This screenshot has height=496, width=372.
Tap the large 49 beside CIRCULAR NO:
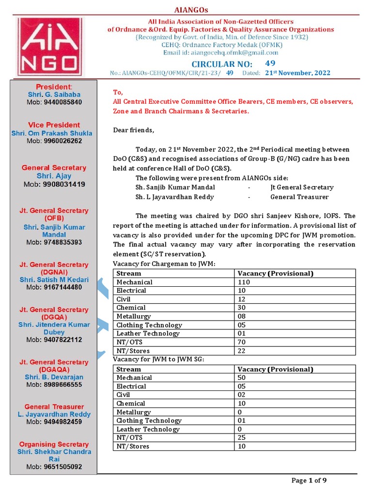[270, 63]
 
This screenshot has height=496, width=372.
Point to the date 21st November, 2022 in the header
[297, 73]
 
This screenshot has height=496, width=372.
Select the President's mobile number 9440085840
[53, 102]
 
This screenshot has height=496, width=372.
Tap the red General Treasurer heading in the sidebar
[54, 407]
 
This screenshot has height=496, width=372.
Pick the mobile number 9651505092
[54, 467]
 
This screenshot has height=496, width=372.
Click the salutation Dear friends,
[134, 130]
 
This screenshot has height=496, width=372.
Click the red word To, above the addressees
[118, 93]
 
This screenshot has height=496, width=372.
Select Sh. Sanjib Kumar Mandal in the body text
[175, 187]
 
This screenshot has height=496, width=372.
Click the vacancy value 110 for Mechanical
[244, 282]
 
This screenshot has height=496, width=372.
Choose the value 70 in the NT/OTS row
[242, 342]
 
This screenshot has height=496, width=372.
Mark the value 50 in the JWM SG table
[242, 377]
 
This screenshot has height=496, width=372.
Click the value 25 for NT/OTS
[242, 437]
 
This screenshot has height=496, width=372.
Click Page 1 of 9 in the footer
[309, 480]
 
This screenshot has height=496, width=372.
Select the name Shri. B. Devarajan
[54, 377]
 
